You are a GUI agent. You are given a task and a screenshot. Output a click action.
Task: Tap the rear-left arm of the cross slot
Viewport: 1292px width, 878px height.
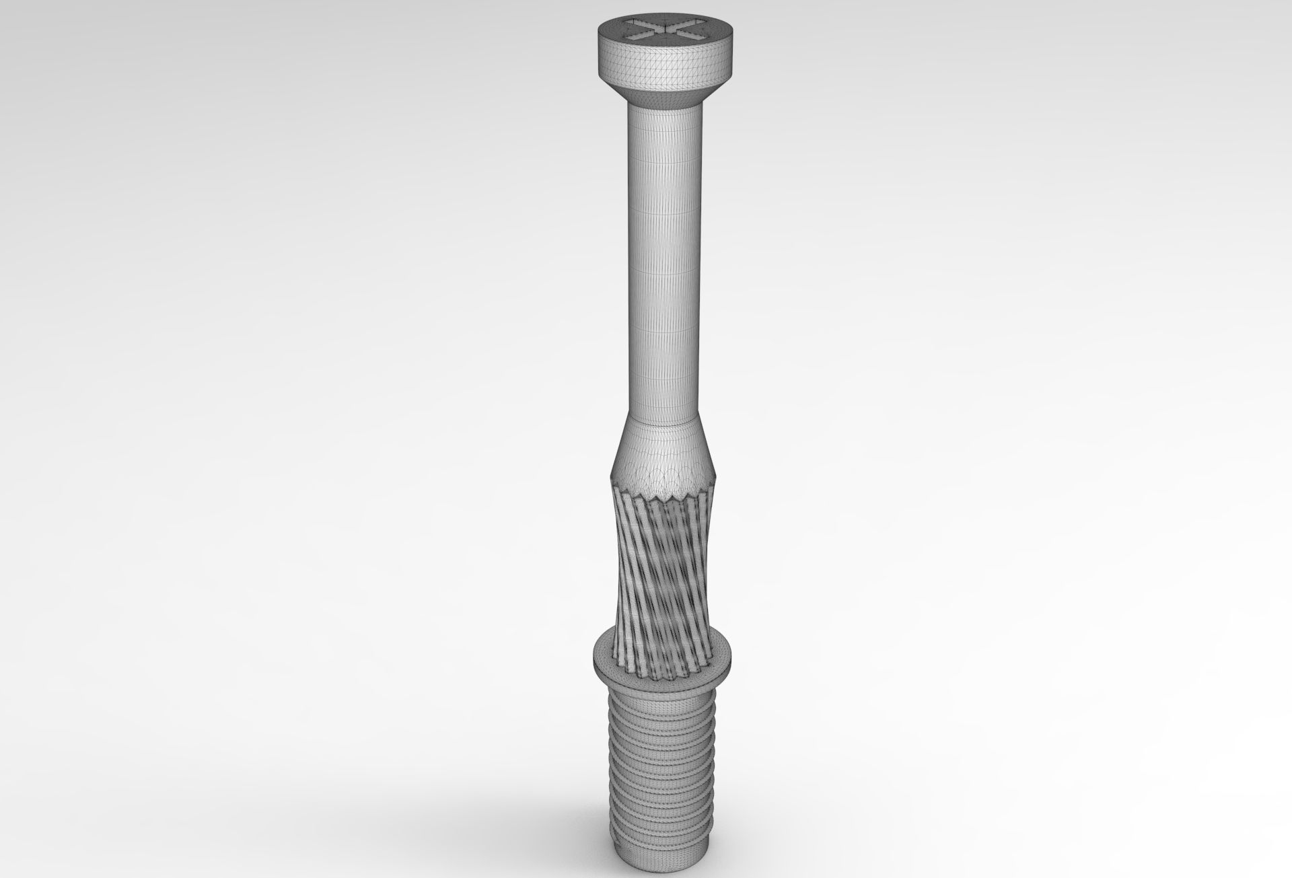(641, 25)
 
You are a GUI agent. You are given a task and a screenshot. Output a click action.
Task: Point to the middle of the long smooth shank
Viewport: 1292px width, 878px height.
(664, 262)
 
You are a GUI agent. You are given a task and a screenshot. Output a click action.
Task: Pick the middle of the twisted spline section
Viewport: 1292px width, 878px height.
(663, 558)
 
